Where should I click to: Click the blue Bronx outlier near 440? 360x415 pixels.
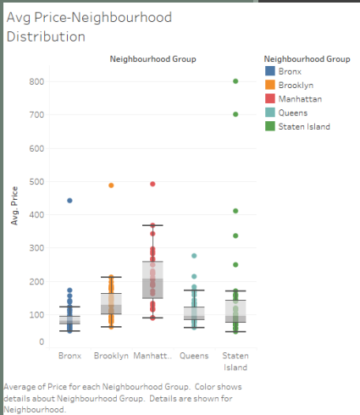69,201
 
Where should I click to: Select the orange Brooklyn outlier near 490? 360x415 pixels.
111,185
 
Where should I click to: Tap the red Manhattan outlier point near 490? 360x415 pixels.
152,184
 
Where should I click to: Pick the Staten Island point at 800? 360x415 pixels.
235,81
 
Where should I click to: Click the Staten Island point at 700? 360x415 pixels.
235,114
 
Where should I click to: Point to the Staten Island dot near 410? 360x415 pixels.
235,211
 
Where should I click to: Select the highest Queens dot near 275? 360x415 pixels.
194,255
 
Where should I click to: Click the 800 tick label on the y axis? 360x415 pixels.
36,82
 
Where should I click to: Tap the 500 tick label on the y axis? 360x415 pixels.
36,181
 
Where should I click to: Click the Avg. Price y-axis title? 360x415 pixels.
14,207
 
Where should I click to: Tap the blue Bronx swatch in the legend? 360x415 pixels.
269,71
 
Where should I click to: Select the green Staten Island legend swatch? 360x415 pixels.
269,126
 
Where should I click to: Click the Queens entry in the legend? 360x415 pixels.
294,113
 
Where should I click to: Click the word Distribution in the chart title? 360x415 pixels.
46,36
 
